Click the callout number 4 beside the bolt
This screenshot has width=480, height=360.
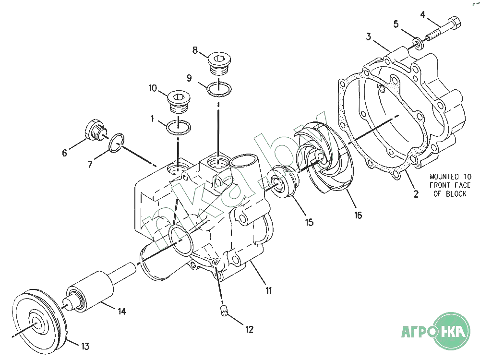[423, 14]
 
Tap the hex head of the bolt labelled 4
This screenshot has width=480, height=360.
[456, 22]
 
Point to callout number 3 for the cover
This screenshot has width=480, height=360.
[369, 36]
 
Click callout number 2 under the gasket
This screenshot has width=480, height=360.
[416, 194]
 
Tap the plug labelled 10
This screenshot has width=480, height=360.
[178, 102]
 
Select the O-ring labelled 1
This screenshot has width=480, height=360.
[178, 128]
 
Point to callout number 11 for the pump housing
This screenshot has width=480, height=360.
[268, 290]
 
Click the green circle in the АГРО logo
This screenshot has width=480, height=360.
[452, 331]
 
